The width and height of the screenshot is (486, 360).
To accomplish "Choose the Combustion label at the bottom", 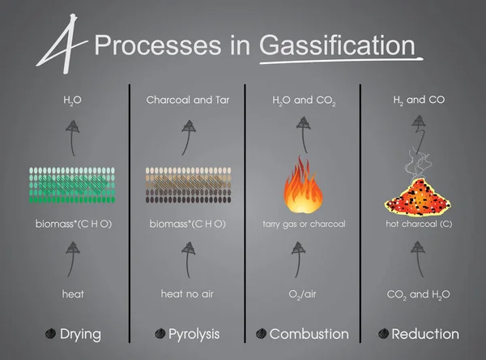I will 309,333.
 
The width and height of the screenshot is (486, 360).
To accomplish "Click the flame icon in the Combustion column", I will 303,186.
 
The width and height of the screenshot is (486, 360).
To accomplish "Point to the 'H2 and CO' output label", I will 418,101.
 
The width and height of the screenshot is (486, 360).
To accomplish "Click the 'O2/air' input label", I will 304,294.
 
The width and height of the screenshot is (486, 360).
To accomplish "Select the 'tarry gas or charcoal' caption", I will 304,223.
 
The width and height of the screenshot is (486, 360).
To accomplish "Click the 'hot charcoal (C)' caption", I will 419,223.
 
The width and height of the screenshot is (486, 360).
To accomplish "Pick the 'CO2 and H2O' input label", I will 419,294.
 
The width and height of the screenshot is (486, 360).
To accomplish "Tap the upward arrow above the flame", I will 304,134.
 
